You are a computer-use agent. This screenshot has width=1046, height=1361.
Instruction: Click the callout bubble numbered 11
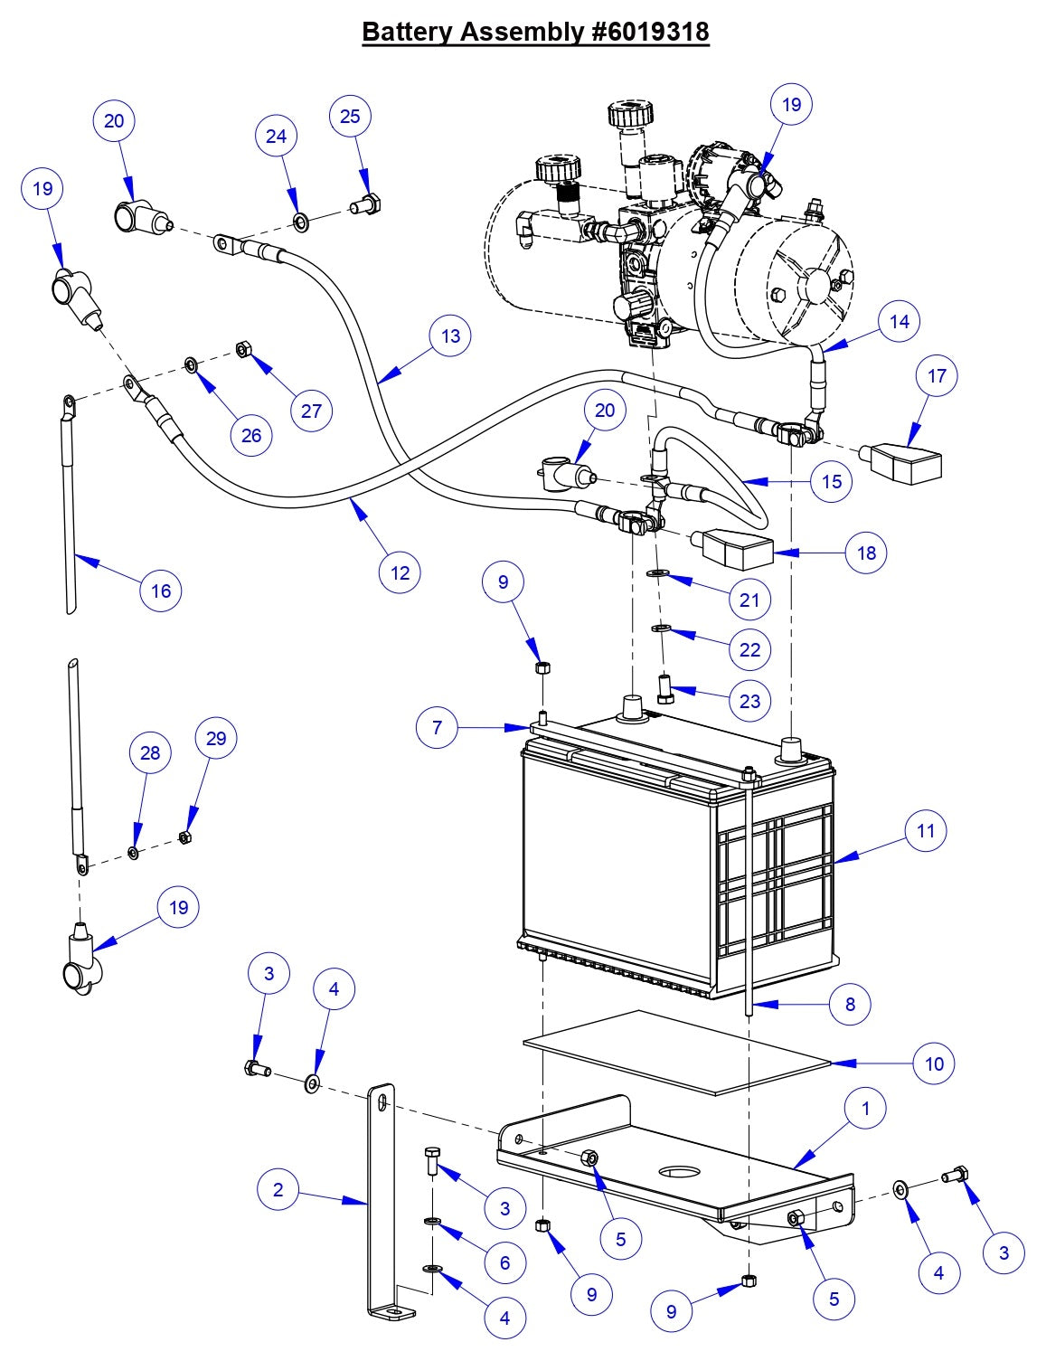(x=925, y=830)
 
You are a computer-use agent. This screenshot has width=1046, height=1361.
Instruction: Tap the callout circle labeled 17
(x=937, y=375)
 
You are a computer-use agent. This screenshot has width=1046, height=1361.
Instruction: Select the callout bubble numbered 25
(x=350, y=116)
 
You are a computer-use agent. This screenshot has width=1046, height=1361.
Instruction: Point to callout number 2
(x=278, y=1189)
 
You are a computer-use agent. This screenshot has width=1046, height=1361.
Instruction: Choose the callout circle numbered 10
(x=934, y=1063)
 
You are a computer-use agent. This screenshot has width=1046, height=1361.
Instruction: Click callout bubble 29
(x=216, y=738)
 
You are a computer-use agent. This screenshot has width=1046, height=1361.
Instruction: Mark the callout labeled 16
(x=161, y=591)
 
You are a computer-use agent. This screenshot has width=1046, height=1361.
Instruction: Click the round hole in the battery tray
(x=679, y=1173)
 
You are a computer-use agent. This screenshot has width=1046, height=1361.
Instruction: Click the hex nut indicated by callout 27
(x=241, y=348)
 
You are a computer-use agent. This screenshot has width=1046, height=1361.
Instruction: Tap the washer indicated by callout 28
(x=134, y=853)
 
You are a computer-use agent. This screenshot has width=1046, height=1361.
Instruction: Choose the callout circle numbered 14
(x=899, y=321)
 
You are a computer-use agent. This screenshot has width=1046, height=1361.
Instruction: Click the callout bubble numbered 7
(x=438, y=726)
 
